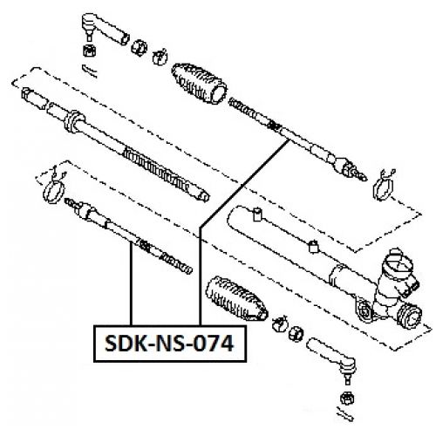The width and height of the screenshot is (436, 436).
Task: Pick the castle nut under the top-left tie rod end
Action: (87, 51)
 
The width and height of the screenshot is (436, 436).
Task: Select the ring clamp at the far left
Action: (54, 186)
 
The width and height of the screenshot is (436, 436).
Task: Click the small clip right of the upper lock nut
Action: (158, 58)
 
